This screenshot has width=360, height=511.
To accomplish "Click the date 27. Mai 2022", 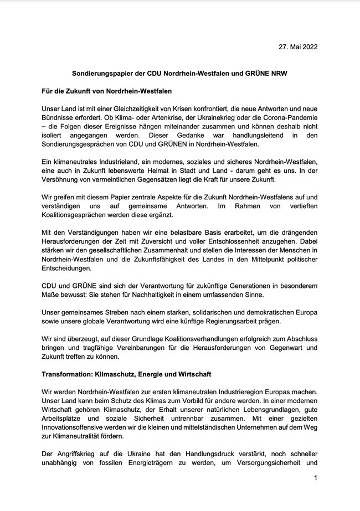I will click(x=298, y=48).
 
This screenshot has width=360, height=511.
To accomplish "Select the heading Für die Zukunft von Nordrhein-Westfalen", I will click(x=110, y=90).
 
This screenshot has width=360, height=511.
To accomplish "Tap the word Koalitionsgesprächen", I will click(x=80, y=215).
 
